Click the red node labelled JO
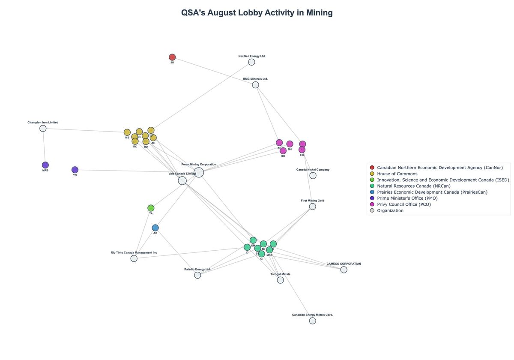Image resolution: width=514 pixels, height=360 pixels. pyautogui.click(x=172, y=57)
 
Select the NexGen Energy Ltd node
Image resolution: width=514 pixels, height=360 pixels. pyautogui.click(x=251, y=62)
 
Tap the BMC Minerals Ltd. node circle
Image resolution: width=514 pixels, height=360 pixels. pyautogui.click(x=255, y=85)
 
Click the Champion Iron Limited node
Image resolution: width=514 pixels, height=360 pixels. pyautogui.click(x=43, y=129)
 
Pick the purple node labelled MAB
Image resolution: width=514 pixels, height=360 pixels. pyautogui.click(x=45, y=165)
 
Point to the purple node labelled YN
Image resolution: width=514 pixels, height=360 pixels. pyautogui.click(x=75, y=170)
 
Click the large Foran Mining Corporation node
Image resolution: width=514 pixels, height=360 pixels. pyautogui.click(x=199, y=172)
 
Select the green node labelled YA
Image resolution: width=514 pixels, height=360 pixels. pyautogui.click(x=151, y=208)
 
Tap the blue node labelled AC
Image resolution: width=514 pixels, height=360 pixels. pyautogui.click(x=155, y=228)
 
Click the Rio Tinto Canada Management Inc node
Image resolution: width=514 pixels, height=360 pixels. pyautogui.click(x=134, y=258)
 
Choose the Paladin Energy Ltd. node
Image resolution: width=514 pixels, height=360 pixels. pyautogui.click(x=197, y=275)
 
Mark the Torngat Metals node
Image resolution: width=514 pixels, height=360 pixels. pyautogui.click(x=280, y=280)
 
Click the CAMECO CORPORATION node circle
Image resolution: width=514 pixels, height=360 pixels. pyautogui.click(x=344, y=270)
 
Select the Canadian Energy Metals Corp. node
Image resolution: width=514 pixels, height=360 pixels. pyautogui.click(x=312, y=321)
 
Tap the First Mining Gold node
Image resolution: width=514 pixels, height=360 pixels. pyautogui.click(x=312, y=207)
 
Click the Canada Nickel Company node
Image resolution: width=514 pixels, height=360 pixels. pyautogui.click(x=313, y=175)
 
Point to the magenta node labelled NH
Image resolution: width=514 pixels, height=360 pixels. pyautogui.click(x=290, y=144)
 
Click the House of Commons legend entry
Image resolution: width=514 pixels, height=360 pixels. pyautogui.click(x=397, y=174)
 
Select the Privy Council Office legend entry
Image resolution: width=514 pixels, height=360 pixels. pyautogui.click(x=403, y=204)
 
